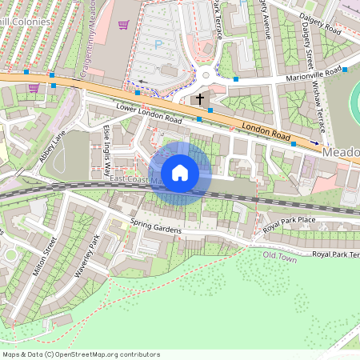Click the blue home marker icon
click(x=180, y=173)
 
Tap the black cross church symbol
click(x=199, y=98)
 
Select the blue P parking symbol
click(x=158, y=45)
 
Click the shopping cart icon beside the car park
click(x=123, y=25)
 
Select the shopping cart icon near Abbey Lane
click(x=33, y=86)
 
